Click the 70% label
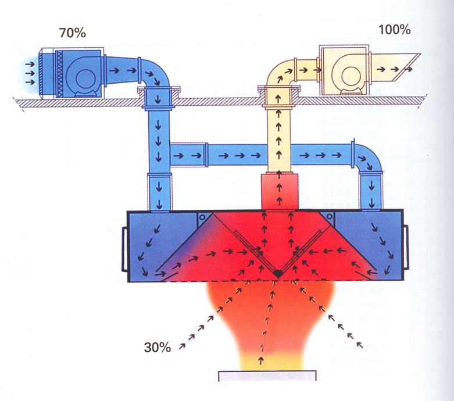(x=72, y=33)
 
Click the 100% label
(x=395, y=29)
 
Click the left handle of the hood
(x=123, y=248)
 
